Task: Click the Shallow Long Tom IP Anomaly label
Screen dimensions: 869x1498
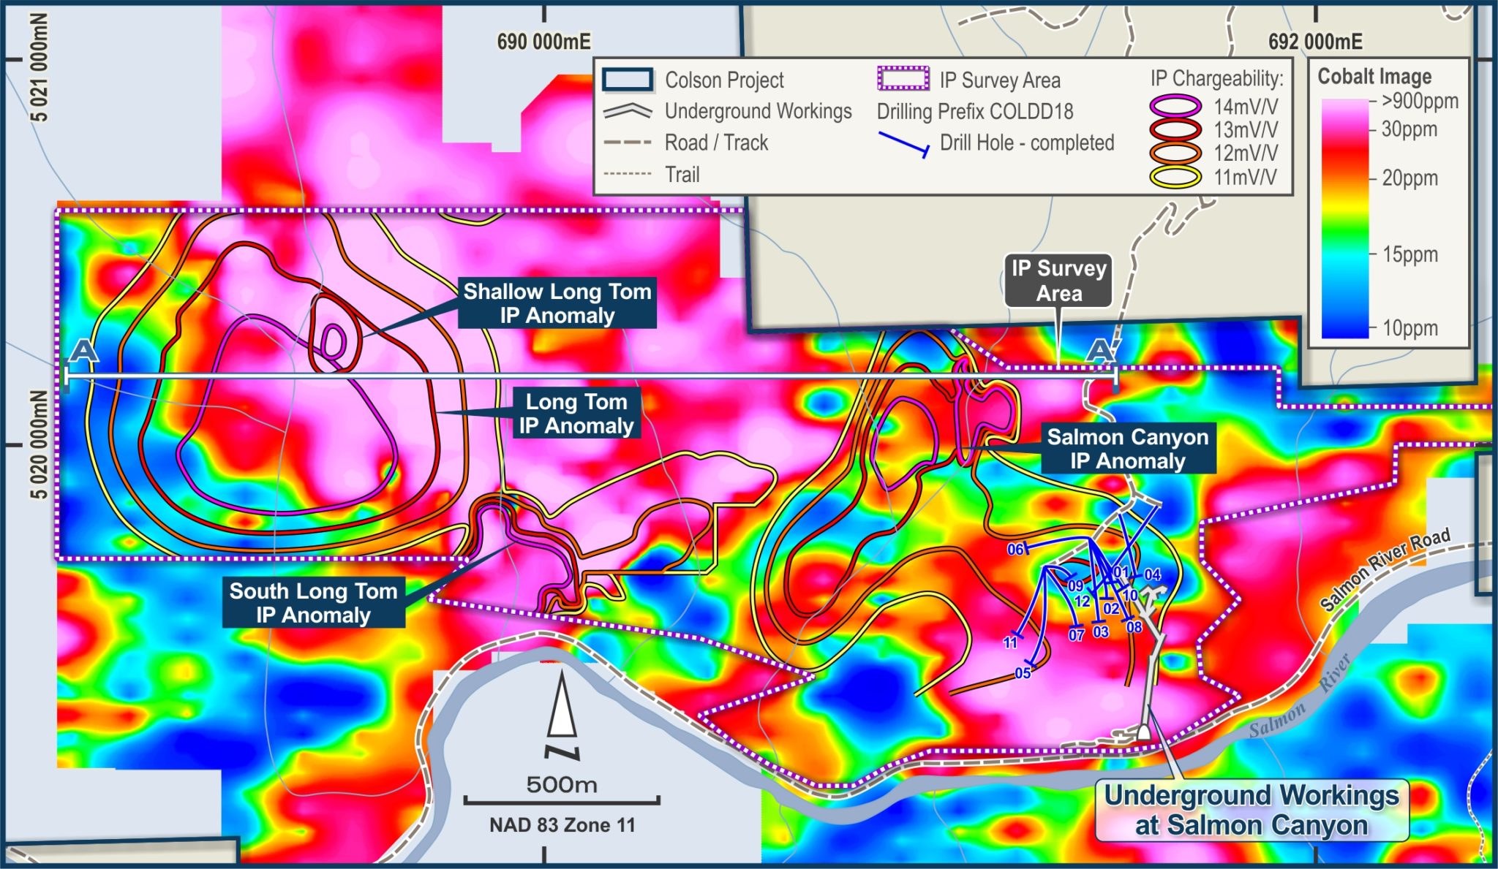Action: coord(557,303)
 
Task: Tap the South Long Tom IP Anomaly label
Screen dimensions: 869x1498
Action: coord(313,602)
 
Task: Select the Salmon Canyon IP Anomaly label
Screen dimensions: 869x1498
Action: coord(1127,448)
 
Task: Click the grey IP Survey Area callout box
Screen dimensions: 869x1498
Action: coord(1058,281)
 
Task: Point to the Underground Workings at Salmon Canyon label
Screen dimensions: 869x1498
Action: coord(1251,810)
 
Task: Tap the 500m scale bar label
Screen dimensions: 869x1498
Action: coord(562,784)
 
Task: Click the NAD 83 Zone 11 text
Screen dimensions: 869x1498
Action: coord(562,825)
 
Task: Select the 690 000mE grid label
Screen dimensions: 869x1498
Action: coord(543,42)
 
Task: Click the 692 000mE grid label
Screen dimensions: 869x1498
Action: coord(1315,42)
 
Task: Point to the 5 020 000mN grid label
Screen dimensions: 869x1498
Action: coord(39,444)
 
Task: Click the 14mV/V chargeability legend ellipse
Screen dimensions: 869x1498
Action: coord(1175,107)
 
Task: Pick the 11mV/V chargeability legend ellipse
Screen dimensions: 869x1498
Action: coord(1175,177)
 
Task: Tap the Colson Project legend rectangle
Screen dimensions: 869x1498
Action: coord(628,80)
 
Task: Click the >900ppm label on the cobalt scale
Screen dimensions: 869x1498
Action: coord(1419,102)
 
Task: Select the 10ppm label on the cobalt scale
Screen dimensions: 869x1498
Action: coord(1409,328)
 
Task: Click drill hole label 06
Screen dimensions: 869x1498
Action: coord(1015,549)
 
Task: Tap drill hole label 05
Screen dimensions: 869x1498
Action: coord(1023,673)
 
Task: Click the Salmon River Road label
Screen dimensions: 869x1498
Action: coord(1385,569)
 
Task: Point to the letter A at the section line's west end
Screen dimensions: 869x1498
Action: coord(83,352)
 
